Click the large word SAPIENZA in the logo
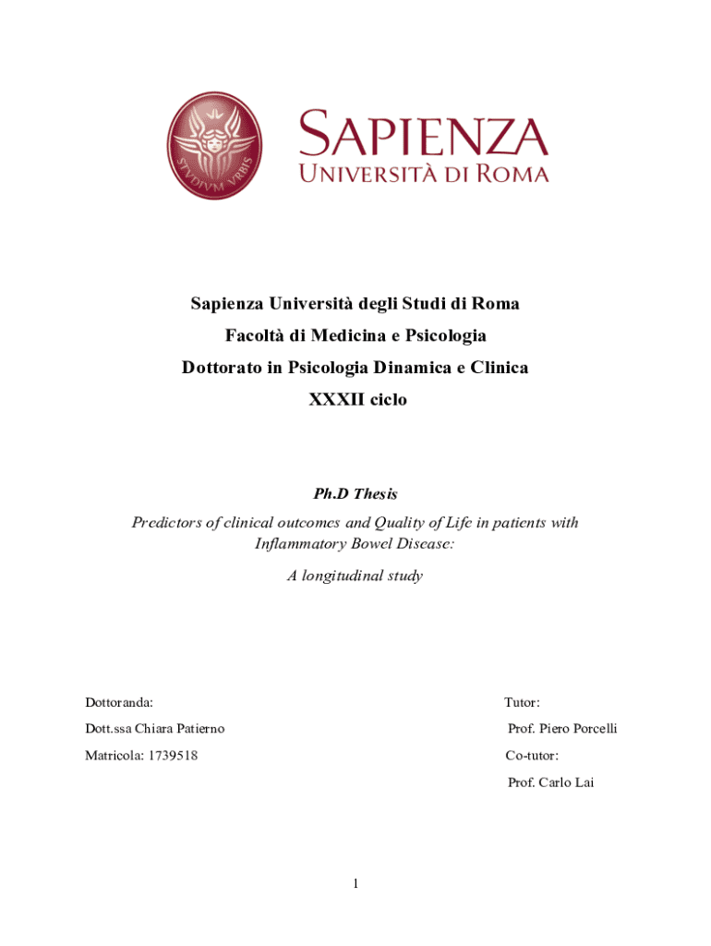423,133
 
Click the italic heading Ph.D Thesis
355,494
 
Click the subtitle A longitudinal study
355,576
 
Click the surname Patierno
193,729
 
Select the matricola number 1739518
171,756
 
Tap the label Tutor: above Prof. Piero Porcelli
523,703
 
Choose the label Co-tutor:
532,756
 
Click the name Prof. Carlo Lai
551,782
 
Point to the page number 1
355,884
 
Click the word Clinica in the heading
500,367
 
